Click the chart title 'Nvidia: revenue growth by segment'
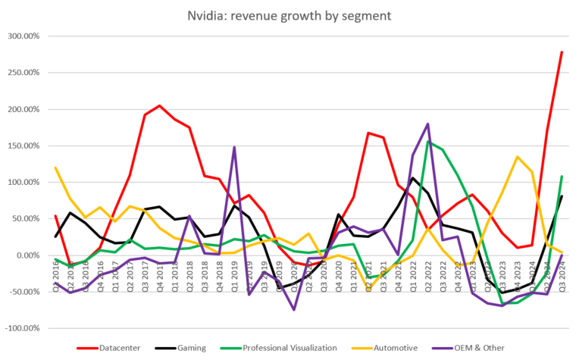click(289, 16)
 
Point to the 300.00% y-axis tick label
click(24, 36)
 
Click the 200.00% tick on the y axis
click(24, 109)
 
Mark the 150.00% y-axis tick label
click(24, 146)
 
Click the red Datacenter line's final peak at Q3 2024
click(562, 52)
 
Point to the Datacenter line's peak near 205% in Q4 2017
click(160, 106)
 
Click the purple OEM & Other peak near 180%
click(428, 124)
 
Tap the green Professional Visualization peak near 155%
click(428, 142)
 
